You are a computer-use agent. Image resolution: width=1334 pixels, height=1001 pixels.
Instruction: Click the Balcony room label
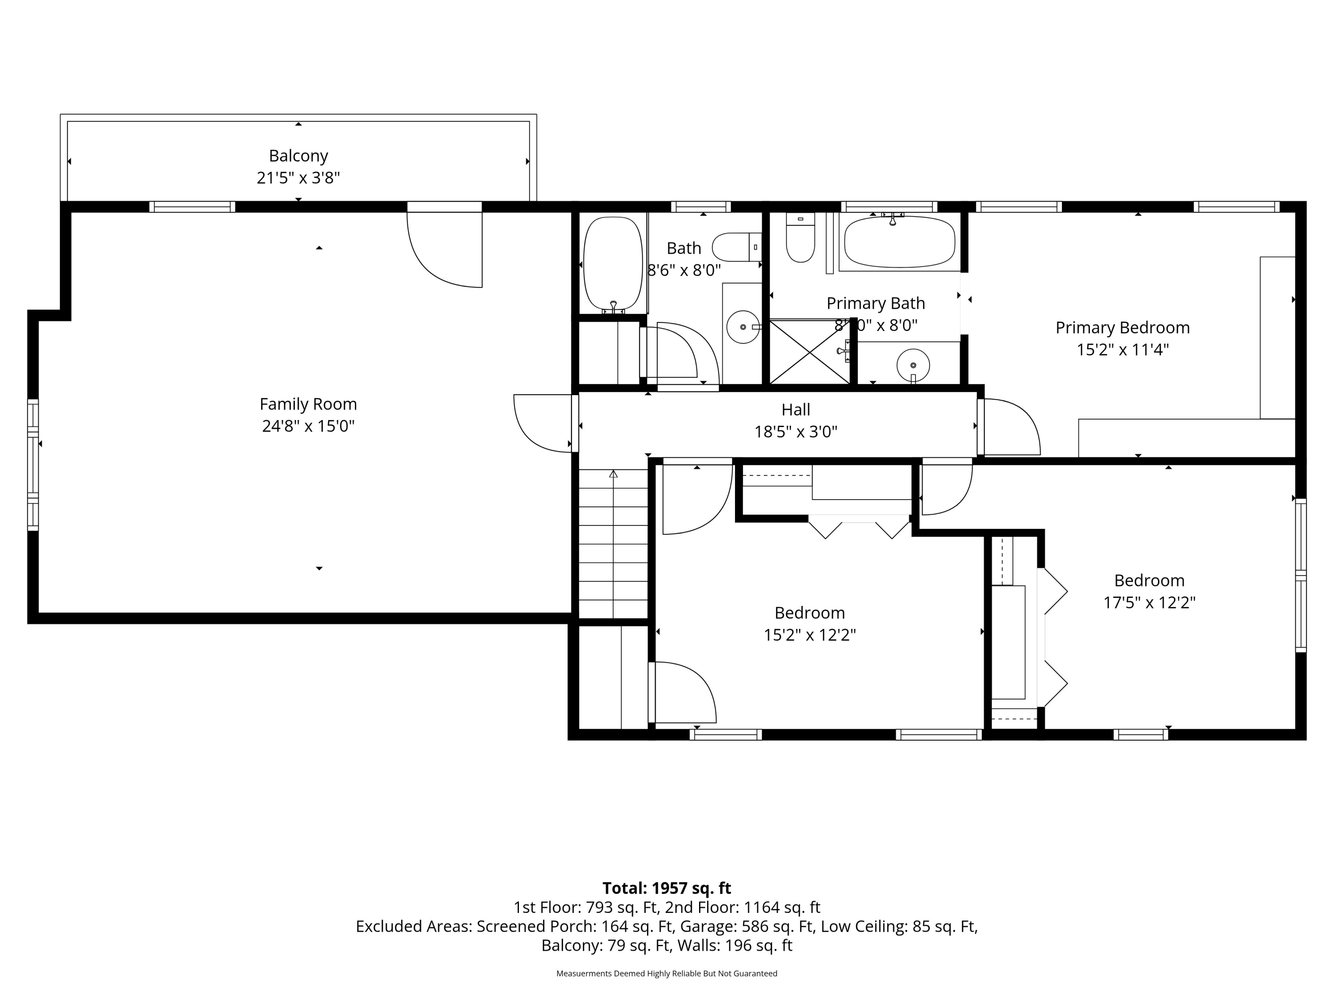pos(298,156)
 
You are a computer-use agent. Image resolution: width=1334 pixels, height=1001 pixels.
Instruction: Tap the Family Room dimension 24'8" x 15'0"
pos(308,426)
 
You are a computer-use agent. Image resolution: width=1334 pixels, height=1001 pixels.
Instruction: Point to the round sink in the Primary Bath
pos(913,365)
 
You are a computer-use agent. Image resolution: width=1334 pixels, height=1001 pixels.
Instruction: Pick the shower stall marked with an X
pos(809,352)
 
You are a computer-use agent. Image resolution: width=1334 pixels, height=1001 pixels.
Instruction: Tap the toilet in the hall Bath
pos(736,247)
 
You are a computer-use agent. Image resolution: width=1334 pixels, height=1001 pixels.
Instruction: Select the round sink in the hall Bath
pos(743,327)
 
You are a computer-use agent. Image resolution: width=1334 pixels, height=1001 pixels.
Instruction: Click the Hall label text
pos(796,410)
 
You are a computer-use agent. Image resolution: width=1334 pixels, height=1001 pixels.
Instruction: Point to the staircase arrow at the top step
pos(613,474)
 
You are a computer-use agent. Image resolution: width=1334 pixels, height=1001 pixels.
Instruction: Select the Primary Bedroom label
pos(1122,327)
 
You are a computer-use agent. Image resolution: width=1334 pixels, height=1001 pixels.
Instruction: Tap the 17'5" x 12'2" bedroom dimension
pos(1149,602)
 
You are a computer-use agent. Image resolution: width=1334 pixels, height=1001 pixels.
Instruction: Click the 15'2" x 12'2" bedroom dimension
pos(810,635)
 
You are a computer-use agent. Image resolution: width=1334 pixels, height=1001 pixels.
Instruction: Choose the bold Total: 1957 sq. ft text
pos(667,888)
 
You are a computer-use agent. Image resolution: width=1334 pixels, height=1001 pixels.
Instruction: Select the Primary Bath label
pos(876,303)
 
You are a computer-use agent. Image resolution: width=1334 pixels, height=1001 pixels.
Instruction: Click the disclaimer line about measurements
pos(667,973)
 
